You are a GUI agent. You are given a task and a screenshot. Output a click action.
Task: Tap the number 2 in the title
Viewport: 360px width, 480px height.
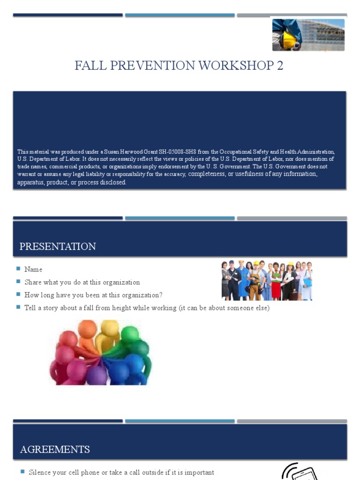coord(280,66)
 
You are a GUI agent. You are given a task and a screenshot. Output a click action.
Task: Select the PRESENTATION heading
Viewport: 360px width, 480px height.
coord(58,247)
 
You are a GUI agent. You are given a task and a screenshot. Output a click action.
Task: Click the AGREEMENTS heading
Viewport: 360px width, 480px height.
coord(55,450)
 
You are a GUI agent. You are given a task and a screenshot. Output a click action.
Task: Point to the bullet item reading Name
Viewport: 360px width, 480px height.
coord(33,270)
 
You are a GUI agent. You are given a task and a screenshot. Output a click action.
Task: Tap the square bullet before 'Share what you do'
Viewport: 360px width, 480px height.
coord(18,282)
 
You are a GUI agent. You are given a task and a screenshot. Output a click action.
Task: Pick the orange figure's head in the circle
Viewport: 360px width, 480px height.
coord(87,329)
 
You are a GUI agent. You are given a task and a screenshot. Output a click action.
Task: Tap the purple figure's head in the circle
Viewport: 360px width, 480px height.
coord(97,375)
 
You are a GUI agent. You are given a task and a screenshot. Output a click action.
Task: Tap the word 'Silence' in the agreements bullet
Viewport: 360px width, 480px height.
coord(41,472)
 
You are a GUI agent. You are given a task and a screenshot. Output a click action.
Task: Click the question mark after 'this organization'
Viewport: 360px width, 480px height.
coord(161,295)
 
